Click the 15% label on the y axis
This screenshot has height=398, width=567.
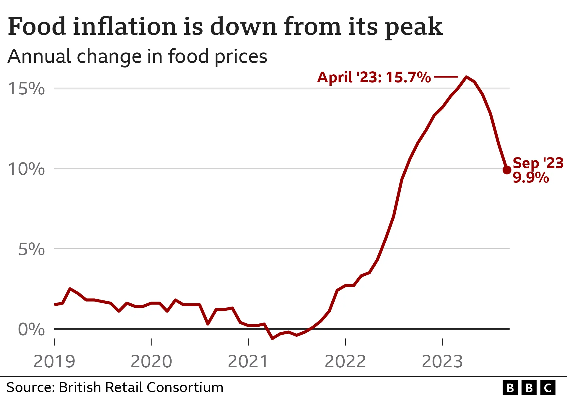coord(26,88)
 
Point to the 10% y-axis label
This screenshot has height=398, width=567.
coord(26,169)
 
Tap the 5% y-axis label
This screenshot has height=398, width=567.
coord(31,249)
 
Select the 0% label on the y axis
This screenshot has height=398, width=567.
coord(31,329)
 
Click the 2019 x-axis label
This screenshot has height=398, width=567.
coord(54,361)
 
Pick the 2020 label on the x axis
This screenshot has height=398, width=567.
coord(151,361)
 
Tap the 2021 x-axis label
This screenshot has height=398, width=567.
coord(248,361)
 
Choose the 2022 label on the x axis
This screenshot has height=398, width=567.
coord(345,361)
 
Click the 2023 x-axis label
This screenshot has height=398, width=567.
coord(442,361)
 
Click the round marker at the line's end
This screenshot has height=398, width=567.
coord(507,170)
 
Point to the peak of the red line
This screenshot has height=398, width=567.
coord(466,77)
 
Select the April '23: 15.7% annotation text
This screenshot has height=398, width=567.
coord(374,77)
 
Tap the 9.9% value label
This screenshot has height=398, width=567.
coord(531,178)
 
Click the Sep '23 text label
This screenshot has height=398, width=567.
coord(538,163)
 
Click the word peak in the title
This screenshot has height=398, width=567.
coord(414,27)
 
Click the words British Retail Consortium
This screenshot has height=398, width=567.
coord(141,387)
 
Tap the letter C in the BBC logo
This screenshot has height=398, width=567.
coord(548,388)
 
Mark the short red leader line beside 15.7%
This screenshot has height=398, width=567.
coord(446,77)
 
